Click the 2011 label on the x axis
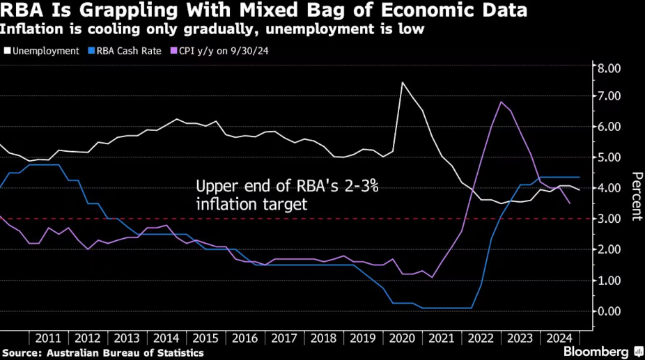click(x=47, y=338)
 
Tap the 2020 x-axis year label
click(x=402, y=338)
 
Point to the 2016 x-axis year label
click(x=244, y=338)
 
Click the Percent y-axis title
click(x=635, y=196)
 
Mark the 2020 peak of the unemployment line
click(x=403, y=82)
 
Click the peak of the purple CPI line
click(x=501, y=102)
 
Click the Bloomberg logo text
click(x=596, y=351)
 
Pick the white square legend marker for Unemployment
click(x=8, y=51)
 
